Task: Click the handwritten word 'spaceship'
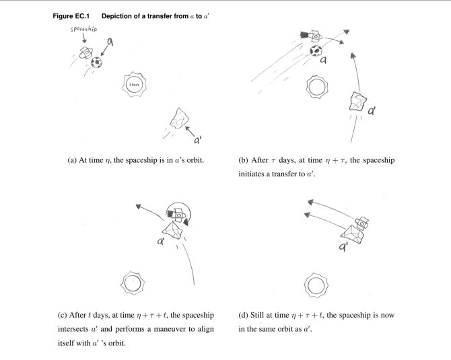click(83, 29)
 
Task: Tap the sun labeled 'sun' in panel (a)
click(135, 84)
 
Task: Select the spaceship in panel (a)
click(86, 53)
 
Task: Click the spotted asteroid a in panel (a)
click(96, 62)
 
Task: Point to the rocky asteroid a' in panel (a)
click(179, 118)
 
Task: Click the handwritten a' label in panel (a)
click(198, 141)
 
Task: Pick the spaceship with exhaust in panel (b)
click(311, 36)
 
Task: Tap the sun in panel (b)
click(317, 87)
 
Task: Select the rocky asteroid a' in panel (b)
click(358, 101)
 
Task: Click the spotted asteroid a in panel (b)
click(316, 51)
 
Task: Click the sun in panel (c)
click(133, 283)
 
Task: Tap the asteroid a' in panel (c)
click(173, 230)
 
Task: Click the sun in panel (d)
click(316, 285)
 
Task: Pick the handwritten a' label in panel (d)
click(343, 246)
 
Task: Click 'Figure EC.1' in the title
click(71, 16)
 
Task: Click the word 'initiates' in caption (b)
click(251, 174)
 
